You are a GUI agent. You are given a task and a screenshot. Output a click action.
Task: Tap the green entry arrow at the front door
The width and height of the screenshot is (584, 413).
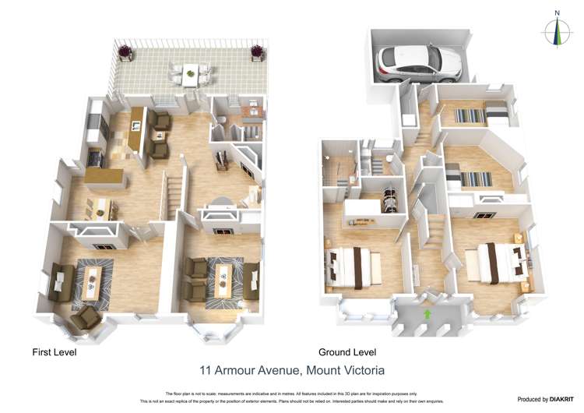(x=426, y=313)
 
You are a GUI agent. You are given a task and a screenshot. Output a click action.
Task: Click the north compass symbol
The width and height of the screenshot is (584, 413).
(x=557, y=30)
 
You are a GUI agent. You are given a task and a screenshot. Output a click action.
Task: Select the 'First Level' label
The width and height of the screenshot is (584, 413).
(x=54, y=352)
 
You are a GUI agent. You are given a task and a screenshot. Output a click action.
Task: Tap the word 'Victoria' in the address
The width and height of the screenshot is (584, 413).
(x=360, y=371)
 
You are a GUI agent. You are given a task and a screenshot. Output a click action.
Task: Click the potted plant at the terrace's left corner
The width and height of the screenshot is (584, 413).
(x=125, y=53)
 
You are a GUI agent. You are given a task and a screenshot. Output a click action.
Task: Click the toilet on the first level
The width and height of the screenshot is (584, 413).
(x=221, y=119)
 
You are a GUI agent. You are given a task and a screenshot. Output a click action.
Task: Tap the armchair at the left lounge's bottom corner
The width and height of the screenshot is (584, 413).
(x=88, y=316)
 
